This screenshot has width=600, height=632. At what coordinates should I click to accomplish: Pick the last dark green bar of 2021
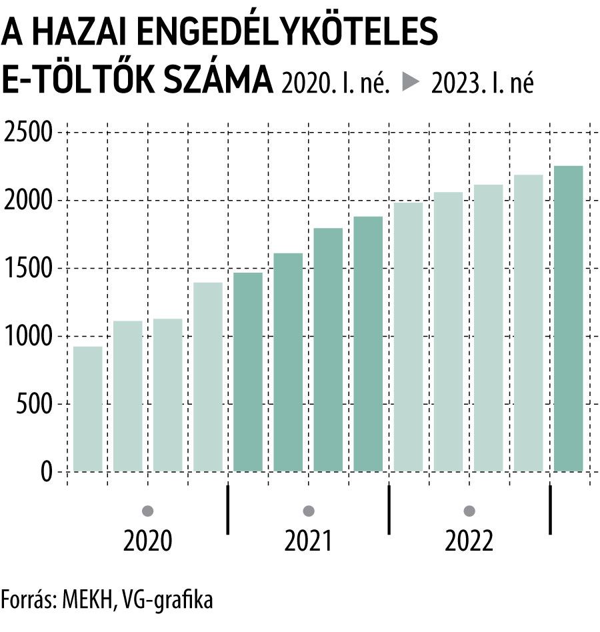tap(368, 344)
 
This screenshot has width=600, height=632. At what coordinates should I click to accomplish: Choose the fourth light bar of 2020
tap(208, 377)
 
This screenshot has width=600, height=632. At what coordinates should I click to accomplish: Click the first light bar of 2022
tap(408, 337)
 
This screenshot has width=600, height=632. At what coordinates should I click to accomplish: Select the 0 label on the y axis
tap(45, 472)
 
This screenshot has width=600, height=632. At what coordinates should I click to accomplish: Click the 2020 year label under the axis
tap(148, 541)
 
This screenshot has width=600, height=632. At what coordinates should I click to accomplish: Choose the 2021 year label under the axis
tap(308, 541)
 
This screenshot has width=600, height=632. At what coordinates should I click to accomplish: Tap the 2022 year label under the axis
tap(469, 541)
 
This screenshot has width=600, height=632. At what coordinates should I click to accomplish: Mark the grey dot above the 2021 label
tap(308, 511)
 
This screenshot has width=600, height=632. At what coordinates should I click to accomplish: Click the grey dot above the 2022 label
tap(469, 511)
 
